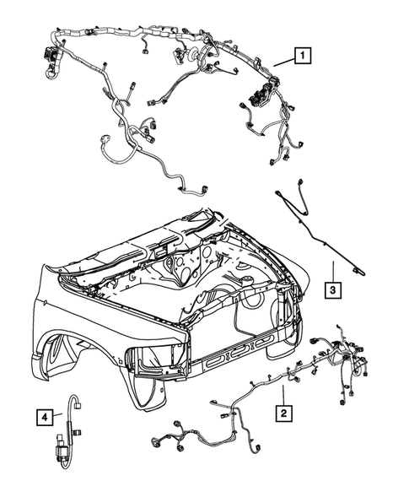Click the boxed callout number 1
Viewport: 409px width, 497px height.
300,58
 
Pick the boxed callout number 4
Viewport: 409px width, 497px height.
43,415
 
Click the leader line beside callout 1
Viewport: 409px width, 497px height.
282,63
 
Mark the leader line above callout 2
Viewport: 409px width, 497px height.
284,393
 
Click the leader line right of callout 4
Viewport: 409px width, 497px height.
60,415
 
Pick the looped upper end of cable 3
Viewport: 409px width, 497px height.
283,190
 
